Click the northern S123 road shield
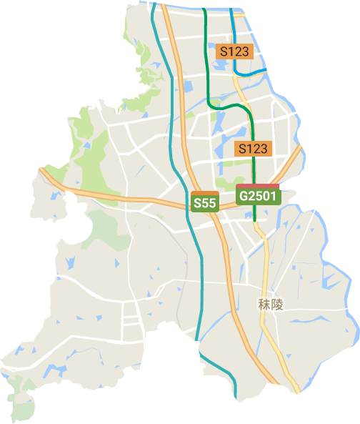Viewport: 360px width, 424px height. (234, 51)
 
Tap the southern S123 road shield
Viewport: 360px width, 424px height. (253, 148)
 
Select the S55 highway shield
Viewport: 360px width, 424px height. (205, 203)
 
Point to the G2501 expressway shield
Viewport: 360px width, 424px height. (257, 196)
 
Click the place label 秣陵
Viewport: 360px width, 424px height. (271, 305)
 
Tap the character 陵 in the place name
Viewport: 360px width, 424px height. (278, 305)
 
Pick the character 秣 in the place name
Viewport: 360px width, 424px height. (264, 305)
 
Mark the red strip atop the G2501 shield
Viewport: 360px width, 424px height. (257, 186)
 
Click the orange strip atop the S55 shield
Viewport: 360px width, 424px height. (205, 193)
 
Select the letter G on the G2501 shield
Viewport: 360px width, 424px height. (244, 197)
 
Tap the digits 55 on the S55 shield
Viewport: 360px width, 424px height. (209, 204)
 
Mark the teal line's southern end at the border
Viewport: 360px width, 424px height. (235, 397)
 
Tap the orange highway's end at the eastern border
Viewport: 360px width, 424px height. (301, 150)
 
